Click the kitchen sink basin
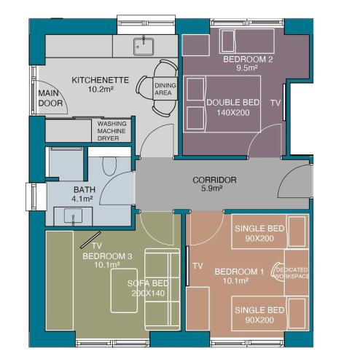[144, 47]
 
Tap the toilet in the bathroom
[109, 165]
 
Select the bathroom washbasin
[73, 215]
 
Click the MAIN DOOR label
[50, 98]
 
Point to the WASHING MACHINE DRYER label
[111, 131]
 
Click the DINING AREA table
[165, 88]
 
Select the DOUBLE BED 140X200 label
[233, 107]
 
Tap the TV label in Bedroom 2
[275, 103]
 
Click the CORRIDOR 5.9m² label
[214, 183]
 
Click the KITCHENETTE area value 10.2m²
[101, 90]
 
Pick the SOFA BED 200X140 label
[148, 288]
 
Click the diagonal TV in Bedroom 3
[90, 240]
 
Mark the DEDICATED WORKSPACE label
[291, 273]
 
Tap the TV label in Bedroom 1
[197, 266]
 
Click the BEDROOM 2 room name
[248, 59]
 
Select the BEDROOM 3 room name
[107, 256]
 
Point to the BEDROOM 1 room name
[239, 272]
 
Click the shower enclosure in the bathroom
[66, 164]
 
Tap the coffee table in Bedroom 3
[124, 290]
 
